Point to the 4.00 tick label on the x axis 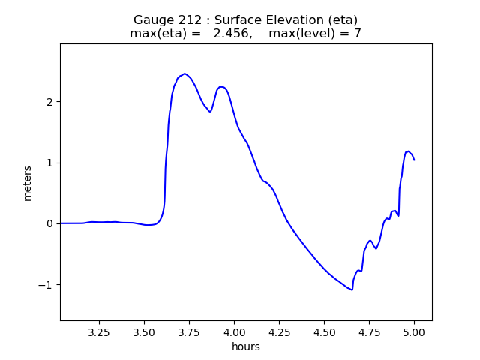234,331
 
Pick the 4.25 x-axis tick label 279,331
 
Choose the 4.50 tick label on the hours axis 324,331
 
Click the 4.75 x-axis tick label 369,331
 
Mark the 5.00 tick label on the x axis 414,331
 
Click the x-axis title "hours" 246,346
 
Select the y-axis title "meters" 28,183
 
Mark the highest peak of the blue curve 184,73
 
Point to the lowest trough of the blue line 352,290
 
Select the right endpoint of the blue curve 414,160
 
